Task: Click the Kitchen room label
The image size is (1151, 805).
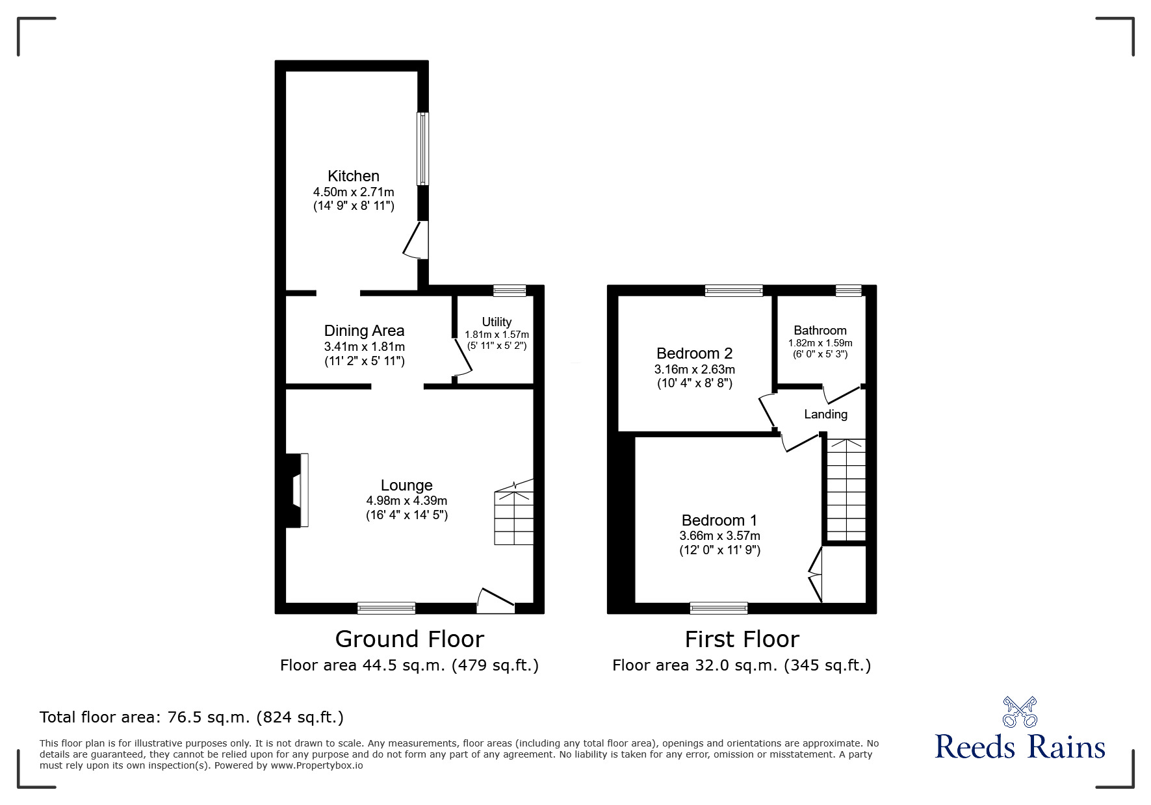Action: coord(354,176)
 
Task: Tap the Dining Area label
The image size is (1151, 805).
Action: coord(364,331)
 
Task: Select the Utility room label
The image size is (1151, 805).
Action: coord(497,322)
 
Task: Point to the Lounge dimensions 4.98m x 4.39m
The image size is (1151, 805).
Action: coord(407,501)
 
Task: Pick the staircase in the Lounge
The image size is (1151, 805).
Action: coord(514,513)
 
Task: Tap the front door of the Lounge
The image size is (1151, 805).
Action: coord(496,601)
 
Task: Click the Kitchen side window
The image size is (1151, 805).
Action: coord(422,149)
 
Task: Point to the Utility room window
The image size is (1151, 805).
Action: coord(510,290)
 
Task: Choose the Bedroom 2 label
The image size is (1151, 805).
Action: coord(695,353)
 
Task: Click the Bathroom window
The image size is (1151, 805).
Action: coord(849,290)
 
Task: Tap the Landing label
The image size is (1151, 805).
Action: coord(826,415)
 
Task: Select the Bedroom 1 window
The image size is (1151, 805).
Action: coord(719,608)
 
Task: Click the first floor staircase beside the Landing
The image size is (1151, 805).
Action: coord(846,490)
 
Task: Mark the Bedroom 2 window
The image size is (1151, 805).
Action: coord(734,290)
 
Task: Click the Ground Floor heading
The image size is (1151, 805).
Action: coord(409,639)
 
